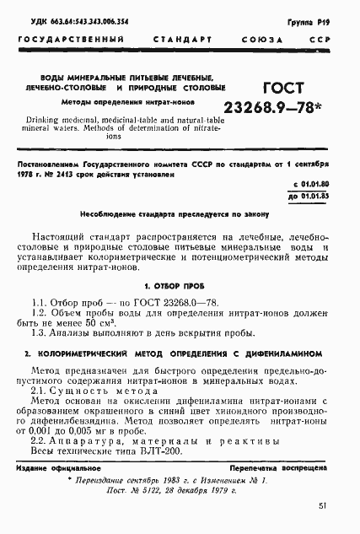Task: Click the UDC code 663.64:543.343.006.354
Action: coord(73,20)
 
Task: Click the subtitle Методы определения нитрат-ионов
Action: coord(117,101)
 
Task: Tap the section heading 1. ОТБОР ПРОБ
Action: coord(180,286)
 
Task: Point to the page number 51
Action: coord(324,505)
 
